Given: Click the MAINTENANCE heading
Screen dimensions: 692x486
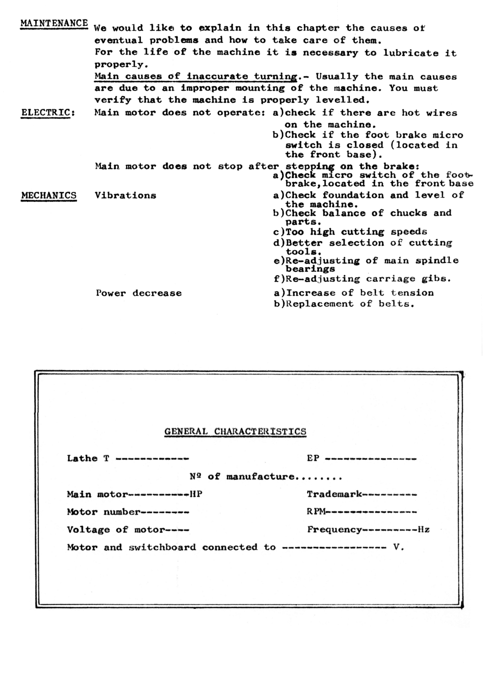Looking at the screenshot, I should tap(54, 23).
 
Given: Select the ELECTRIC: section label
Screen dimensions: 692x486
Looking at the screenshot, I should tap(48, 113).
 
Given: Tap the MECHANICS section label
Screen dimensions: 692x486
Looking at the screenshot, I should tap(49, 195).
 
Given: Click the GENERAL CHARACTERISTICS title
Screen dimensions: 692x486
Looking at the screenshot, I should tap(235, 432).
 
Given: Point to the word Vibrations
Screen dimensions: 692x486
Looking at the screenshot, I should tap(125, 196).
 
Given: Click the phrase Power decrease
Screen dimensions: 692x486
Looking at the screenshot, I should tap(139, 293).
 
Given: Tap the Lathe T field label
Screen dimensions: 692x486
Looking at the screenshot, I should tap(88, 459).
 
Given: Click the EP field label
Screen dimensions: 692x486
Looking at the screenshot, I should tap(313, 459).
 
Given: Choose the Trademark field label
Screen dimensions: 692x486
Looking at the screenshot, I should tap(334, 495).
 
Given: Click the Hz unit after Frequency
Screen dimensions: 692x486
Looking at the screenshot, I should tap(424, 530).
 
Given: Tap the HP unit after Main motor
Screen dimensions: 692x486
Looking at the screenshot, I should tap(196, 495).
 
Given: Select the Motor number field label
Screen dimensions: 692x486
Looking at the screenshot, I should tap(103, 512).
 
